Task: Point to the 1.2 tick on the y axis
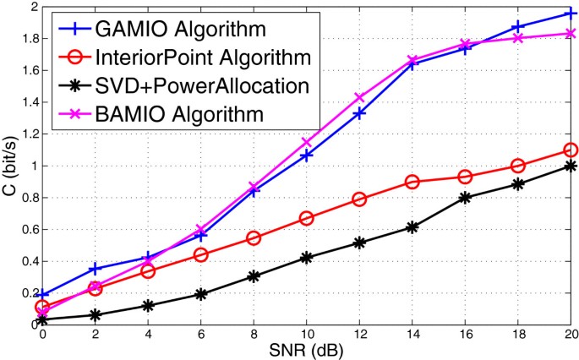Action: pos(28,134)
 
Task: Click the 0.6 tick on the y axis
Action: pos(28,229)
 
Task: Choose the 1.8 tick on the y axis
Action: pos(28,39)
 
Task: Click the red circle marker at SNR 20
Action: pos(571,150)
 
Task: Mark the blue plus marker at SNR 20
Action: pos(571,14)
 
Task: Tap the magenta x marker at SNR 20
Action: pos(571,34)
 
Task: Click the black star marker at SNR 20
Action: pos(571,166)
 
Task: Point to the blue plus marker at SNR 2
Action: pos(95,269)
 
